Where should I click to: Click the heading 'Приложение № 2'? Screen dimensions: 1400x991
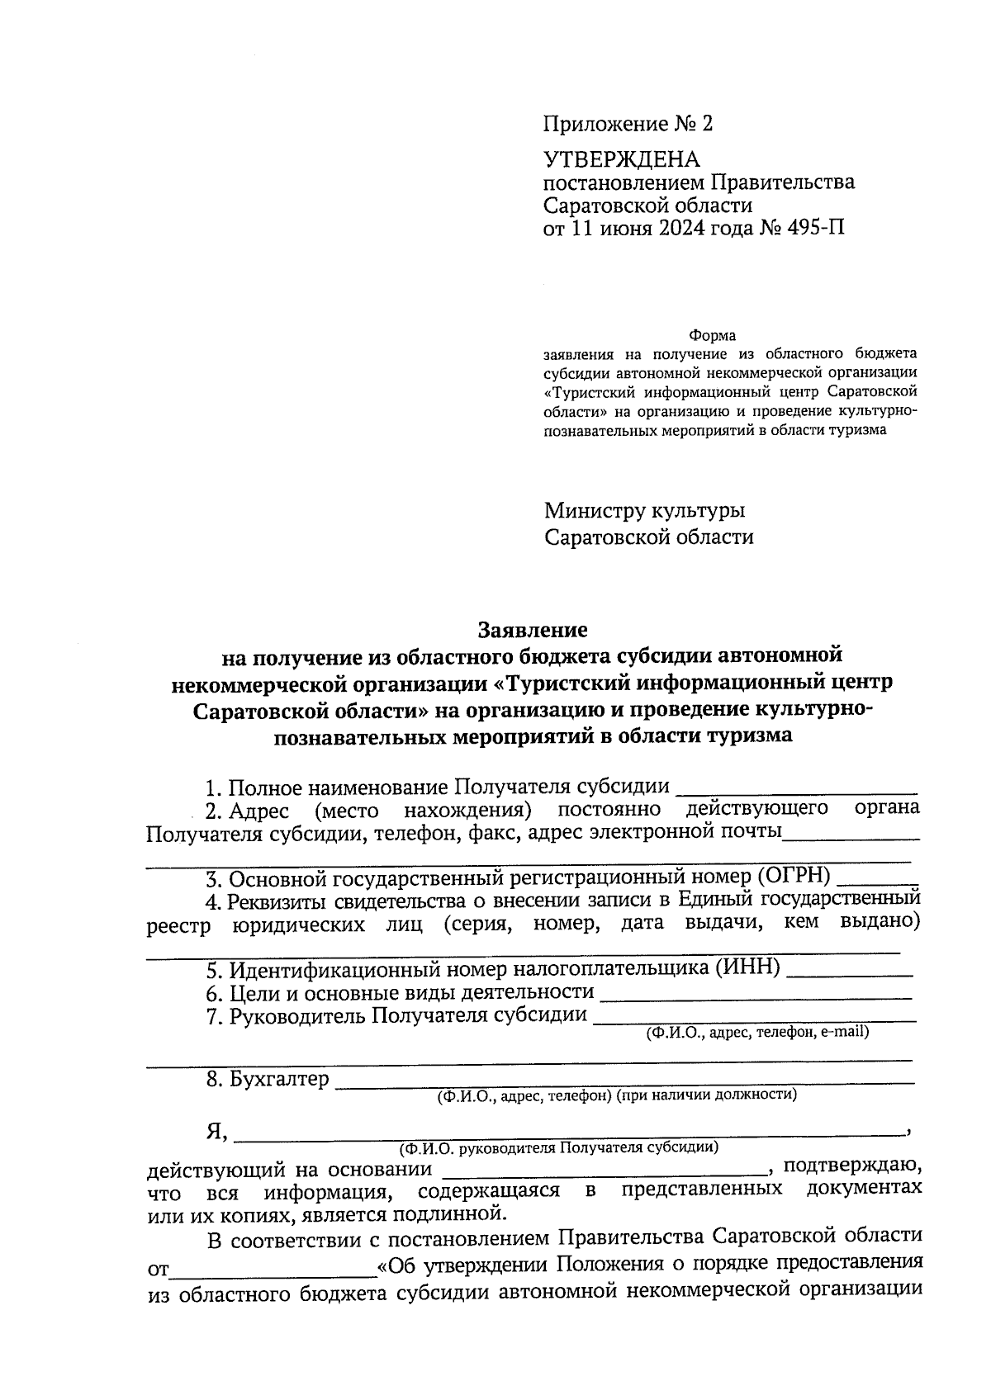point(627,125)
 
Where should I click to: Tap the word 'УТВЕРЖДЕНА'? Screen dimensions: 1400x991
point(621,159)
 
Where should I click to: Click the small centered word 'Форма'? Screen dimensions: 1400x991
point(712,336)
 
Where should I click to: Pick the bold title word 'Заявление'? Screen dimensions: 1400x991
point(533,630)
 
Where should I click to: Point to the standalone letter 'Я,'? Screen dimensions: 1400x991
point(218,1131)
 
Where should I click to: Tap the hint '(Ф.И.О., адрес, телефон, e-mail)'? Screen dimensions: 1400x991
point(757,1031)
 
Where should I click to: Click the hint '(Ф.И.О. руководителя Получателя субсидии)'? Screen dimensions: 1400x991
point(558,1147)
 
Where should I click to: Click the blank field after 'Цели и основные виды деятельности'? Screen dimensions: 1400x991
point(756,995)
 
